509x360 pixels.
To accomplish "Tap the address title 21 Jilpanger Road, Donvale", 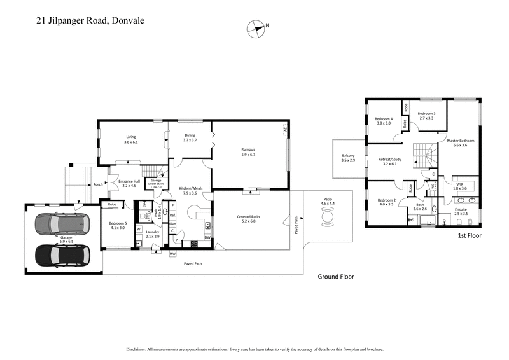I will pos(90,20).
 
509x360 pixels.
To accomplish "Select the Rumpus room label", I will pos(248,150).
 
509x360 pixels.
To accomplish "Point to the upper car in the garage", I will pos(62,225).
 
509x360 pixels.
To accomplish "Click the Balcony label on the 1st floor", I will pos(348,158).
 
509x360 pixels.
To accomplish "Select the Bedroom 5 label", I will pos(118,225).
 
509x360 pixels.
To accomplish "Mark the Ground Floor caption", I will pos(336,277).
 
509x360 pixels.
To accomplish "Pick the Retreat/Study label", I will pos(389,162).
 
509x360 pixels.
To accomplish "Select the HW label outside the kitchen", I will pos(172,254).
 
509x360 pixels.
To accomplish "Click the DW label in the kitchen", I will pos(207,237).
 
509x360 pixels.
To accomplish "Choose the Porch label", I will pos(98,185).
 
